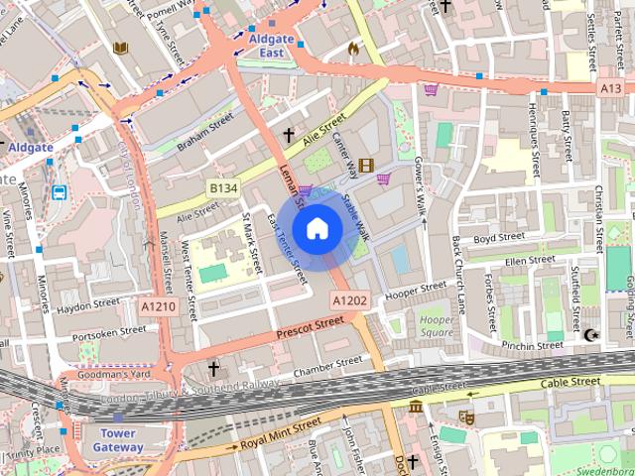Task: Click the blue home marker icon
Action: pyautogui.click(x=317, y=229)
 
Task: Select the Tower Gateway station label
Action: pyautogui.click(x=118, y=440)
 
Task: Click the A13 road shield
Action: pyautogui.click(x=610, y=88)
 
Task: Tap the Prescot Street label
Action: pyautogui.click(x=311, y=325)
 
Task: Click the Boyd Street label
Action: pyautogui.click(x=499, y=237)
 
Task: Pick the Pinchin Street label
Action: pyautogui.click(x=532, y=346)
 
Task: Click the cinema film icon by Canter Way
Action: pyautogui.click(x=367, y=166)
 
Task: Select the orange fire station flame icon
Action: pyautogui.click(x=354, y=47)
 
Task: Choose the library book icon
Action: pyautogui.click(x=121, y=48)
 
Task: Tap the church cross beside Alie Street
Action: pyautogui.click(x=290, y=134)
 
